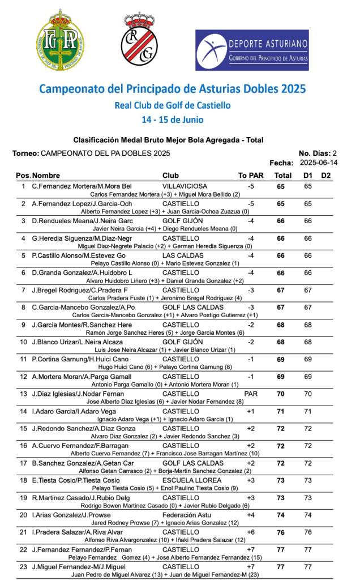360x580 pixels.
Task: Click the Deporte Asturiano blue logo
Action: tap(252, 50)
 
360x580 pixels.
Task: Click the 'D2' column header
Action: tap(325, 175)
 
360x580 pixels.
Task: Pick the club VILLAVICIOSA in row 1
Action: tap(185, 186)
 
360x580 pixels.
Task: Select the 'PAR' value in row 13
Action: tap(251, 394)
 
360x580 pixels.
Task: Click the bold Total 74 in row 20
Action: tap(281, 516)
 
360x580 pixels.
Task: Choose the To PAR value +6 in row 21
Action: tap(251, 533)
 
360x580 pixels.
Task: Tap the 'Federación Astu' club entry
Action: tap(188, 516)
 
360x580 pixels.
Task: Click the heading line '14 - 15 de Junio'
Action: tap(173, 120)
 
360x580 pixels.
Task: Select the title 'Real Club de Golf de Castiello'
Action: tap(173, 105)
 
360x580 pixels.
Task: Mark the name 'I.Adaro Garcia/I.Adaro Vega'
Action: tap(74, 412)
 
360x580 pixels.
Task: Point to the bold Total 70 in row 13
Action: tap(281, 394)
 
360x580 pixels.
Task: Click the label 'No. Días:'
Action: tap(314, 153)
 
